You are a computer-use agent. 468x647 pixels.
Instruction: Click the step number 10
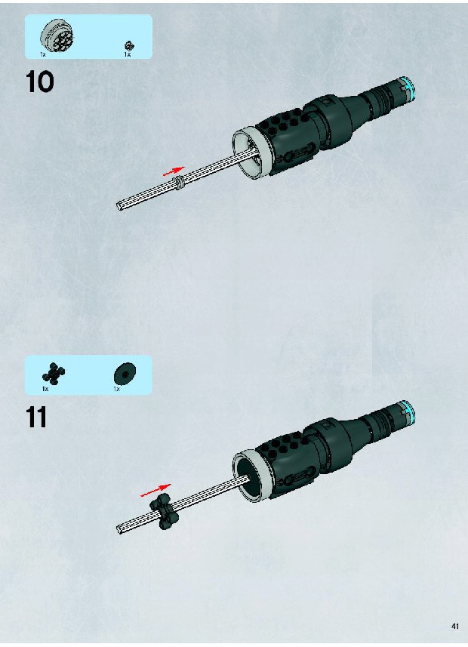coord(39,82)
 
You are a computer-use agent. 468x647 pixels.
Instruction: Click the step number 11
coord(36,417)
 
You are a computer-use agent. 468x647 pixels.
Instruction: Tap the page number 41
coord(455,626)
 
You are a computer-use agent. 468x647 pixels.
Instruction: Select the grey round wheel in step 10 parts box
coord(57,35)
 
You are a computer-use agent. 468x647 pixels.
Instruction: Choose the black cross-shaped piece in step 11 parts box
coord(54,374)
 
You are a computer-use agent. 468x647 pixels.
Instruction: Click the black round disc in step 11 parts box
coord(125,374)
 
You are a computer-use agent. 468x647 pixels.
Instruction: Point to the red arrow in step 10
coord(174,171)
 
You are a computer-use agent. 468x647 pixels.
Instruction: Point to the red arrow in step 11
coord(155,490)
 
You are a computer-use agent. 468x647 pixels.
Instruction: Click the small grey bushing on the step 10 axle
coord(180,182)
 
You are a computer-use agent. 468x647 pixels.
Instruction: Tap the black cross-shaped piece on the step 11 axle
coord(165,511)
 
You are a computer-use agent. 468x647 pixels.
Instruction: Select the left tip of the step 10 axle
coord(119,206)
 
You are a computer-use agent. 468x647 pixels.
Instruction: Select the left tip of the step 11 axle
coord(119,528)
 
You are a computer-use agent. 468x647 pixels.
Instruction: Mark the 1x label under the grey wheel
coord(43,54)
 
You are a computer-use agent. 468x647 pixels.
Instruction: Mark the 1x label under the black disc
coord(117,389)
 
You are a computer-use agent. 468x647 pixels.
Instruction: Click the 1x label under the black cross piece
coord(45,389)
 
